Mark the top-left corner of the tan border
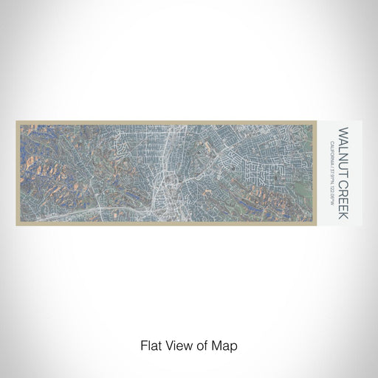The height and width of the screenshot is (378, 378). point(16,120)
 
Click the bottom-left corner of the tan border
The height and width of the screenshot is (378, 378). point(16,205)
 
